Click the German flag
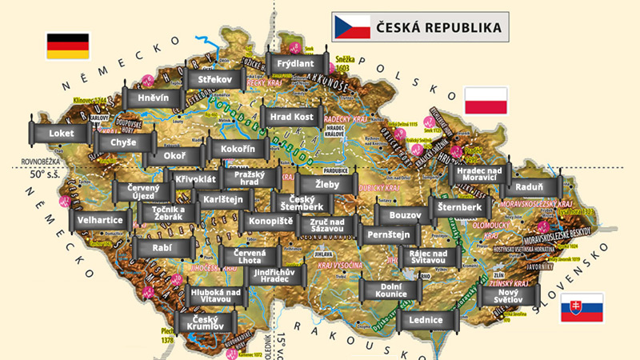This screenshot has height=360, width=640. pos(68,46)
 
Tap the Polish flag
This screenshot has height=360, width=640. pos(486,101)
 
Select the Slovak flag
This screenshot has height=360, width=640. pos(582,308)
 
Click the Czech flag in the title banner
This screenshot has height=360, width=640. pos(351,27)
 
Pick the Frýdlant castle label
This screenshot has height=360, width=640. pos(296,63)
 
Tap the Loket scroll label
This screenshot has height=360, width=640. pos(60,133)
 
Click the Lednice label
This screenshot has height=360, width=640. pos(425,320)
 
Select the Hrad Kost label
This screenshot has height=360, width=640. pos(291,117)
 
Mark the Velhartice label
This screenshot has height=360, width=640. pos(101,219)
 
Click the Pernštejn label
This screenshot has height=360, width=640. pos(388,234)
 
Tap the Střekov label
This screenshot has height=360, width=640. pos(214,80)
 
